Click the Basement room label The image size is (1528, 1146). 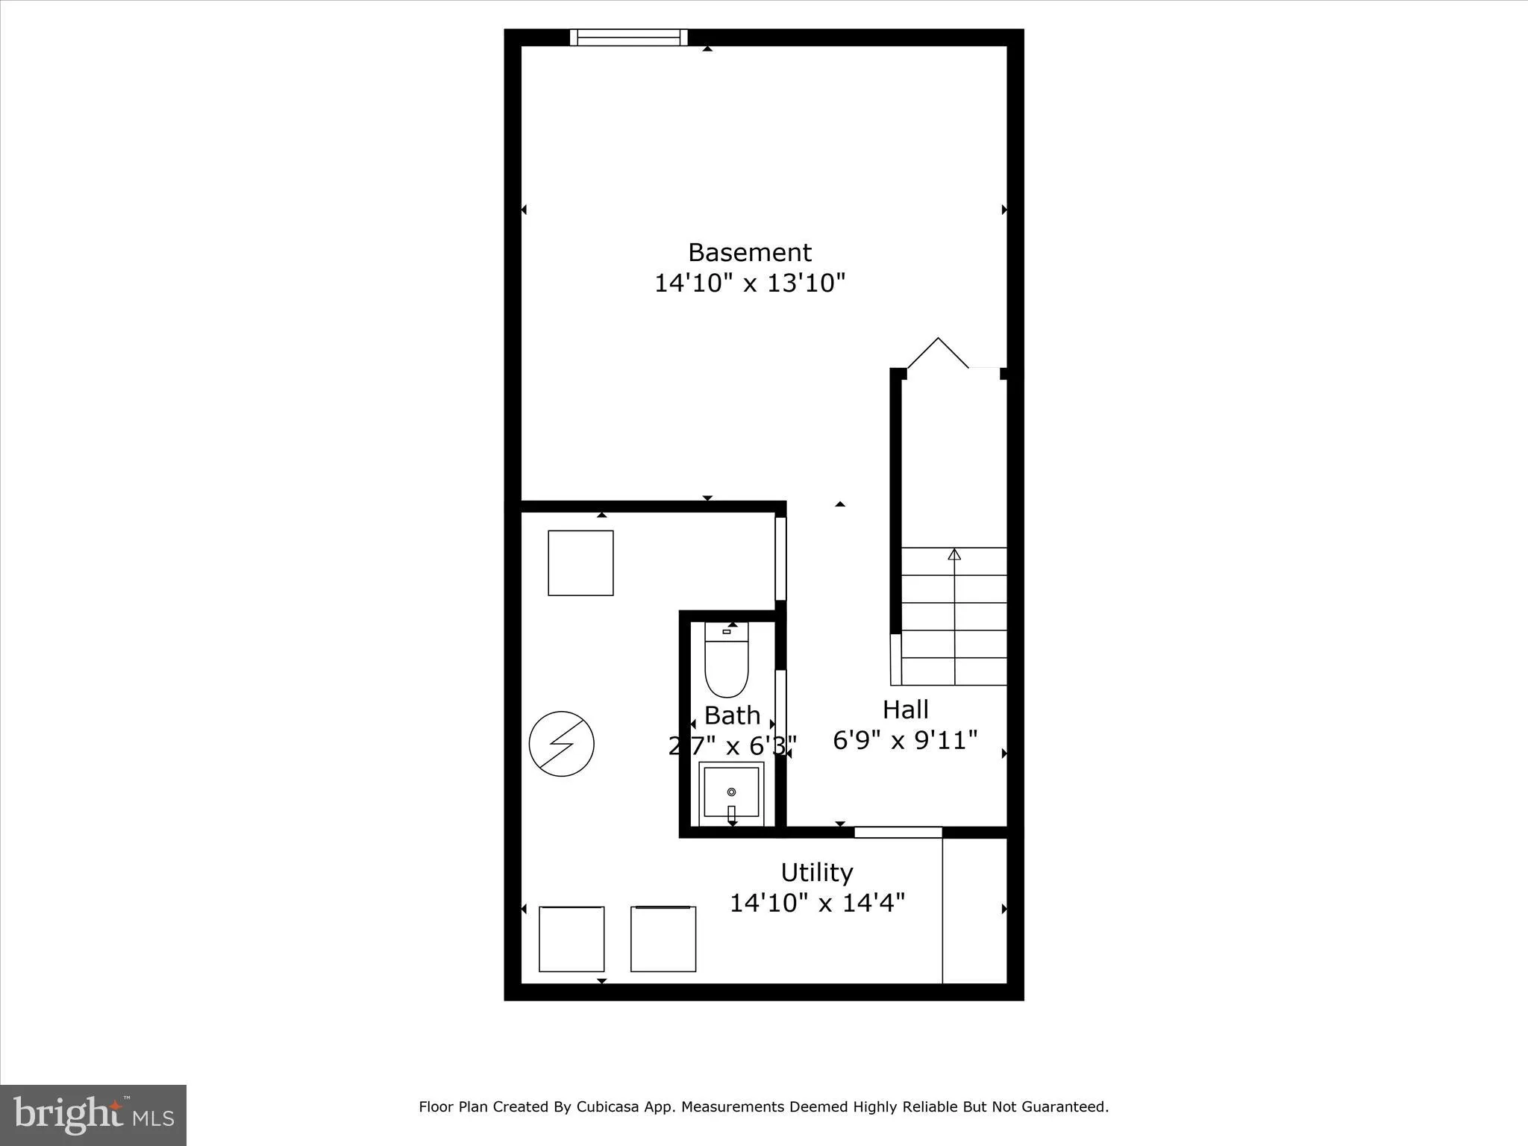(749, 253)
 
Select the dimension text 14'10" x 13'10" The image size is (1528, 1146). (749, 284)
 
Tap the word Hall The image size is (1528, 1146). (905, 709)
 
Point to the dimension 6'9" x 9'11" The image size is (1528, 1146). (905, 740)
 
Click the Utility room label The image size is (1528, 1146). (816, 872)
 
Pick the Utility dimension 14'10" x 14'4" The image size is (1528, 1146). (816, 904)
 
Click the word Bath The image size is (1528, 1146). (732, 716)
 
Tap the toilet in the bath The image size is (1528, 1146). (726, 660)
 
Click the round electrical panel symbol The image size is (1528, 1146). (561, 744)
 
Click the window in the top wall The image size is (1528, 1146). (628, 37)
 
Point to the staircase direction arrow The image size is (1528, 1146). (954, 554)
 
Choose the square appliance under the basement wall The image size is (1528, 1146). (580, 563)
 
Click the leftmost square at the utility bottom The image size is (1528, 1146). (571, 939)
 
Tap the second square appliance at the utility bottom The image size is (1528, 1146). (663, 939)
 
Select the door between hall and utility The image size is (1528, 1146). (898, 832)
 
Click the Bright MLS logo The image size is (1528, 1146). (93, 1115)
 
